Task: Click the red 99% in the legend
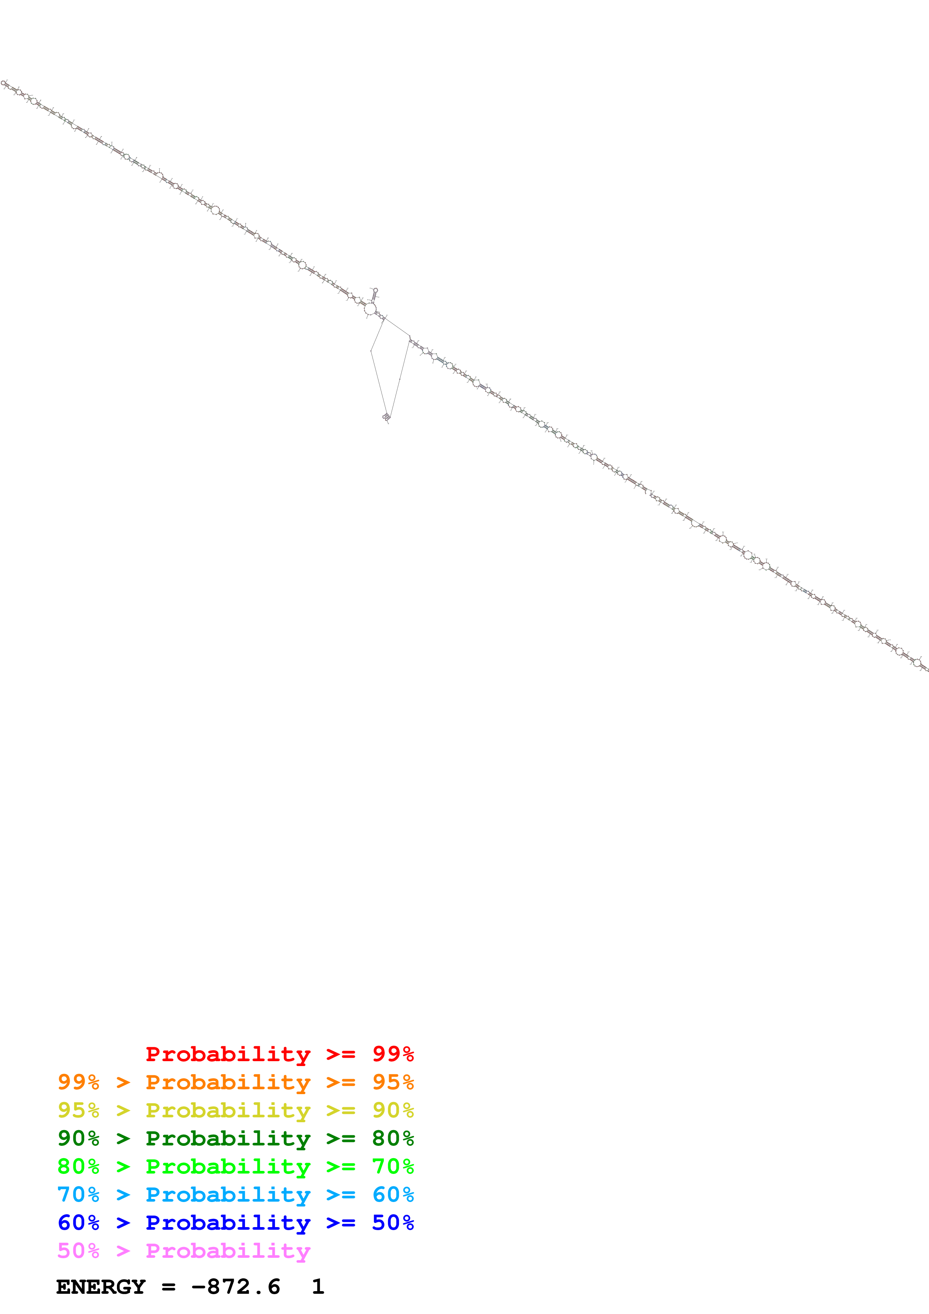click(x=393, y=1054)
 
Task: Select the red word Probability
click(x=228, y=1054)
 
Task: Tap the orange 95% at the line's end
click(x=393, y=1082)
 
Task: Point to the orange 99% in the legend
click(x=78, y=1082)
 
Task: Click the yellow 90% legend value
click(x=393, y=1110)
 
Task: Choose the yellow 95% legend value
click(x=78, y=1110)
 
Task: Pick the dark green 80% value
click(x=393, y=1138)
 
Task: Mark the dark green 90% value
click(x=78, y=1138)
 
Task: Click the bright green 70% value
click(x=393, y=1166)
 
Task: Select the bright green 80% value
click(x=78, y=1166)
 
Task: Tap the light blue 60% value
click(x=393, y=1195)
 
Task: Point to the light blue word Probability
click(x=228, y=1195)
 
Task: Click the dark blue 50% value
click(x=393, y=1223)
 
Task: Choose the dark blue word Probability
click(x=228, y=1223)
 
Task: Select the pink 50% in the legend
click(x=78, y=1250)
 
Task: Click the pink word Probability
click(x=228, y=1250)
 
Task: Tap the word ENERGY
click(x=101, y=1287)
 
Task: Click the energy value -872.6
click(x=236, y=1287)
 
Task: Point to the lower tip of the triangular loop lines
click(x=386, y=417)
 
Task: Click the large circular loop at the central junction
click(x=370, y=309)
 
